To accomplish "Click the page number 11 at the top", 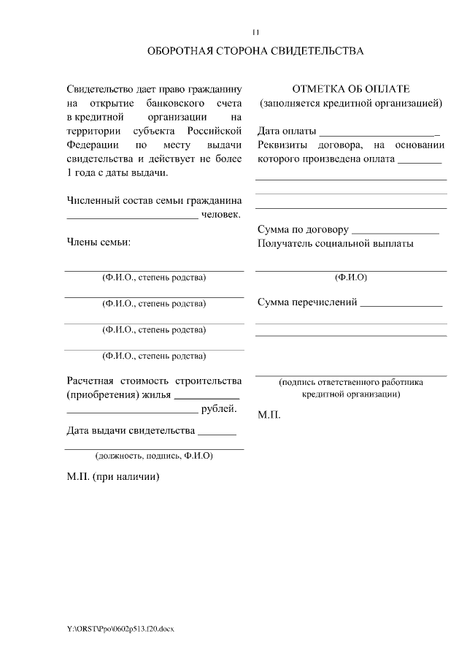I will pos(255,32).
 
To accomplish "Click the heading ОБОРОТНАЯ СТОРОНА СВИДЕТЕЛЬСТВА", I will pos(255,52).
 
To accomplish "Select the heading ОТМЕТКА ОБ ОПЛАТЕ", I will pos(351,89).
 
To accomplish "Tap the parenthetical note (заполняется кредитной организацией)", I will pos(351,103).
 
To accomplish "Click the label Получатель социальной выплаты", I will pos(336,244).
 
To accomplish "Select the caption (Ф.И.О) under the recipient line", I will pos(350,278).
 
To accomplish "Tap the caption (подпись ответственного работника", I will pos(350,382).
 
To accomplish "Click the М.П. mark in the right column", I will pos(269,415).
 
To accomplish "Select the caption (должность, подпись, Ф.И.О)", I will pos(154,456).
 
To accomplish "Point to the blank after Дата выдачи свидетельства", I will pos(217,432).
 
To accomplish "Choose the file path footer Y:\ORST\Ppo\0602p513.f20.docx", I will pos(120,629).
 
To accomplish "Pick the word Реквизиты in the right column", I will pos(284,145).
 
